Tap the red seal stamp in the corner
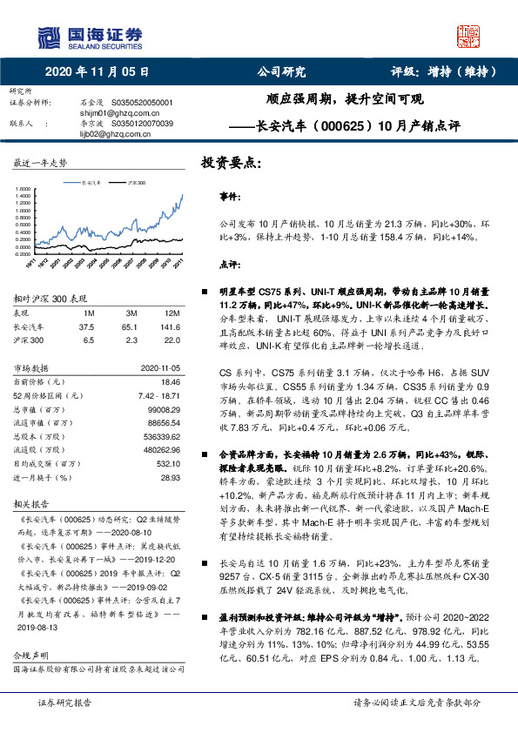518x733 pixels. [470, 36]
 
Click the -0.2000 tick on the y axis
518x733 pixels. [23, 252]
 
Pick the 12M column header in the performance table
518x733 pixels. [172, 313]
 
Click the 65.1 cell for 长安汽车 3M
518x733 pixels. [132, 327]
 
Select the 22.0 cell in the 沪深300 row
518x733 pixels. [172, 341]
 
